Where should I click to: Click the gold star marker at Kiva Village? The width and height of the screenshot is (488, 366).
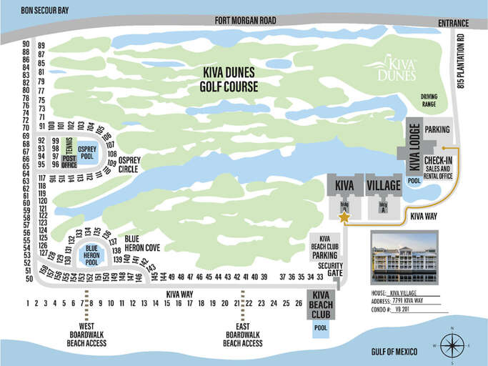344,217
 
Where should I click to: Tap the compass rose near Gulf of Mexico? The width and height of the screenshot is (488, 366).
452,345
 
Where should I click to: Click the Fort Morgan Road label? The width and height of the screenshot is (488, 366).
244,21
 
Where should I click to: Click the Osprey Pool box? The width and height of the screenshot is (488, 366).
87,152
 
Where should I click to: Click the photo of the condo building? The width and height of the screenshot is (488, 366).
404,259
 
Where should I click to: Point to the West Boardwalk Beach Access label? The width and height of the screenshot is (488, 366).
87,334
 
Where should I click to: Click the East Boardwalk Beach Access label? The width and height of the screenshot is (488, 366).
243,334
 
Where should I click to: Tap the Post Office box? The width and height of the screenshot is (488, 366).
69,161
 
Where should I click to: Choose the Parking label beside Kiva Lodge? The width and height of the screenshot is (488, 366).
437,130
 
